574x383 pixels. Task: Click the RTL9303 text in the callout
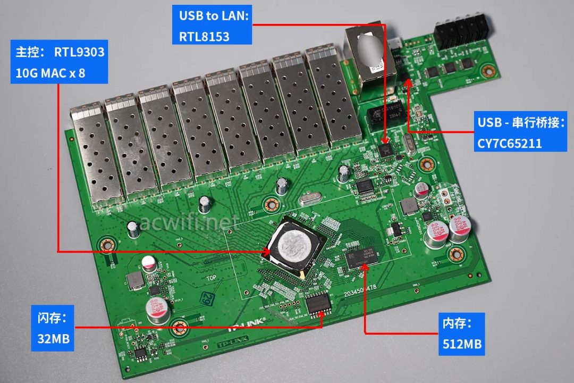(x=79, y=53)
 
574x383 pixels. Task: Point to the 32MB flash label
(x=51, y=338)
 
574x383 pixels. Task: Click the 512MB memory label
(x=462, y=344)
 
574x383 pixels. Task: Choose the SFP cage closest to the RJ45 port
(x=327, y=98)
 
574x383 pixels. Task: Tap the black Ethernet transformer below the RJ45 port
(x=384, y=114)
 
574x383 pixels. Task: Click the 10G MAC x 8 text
(x=48, y=73)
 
